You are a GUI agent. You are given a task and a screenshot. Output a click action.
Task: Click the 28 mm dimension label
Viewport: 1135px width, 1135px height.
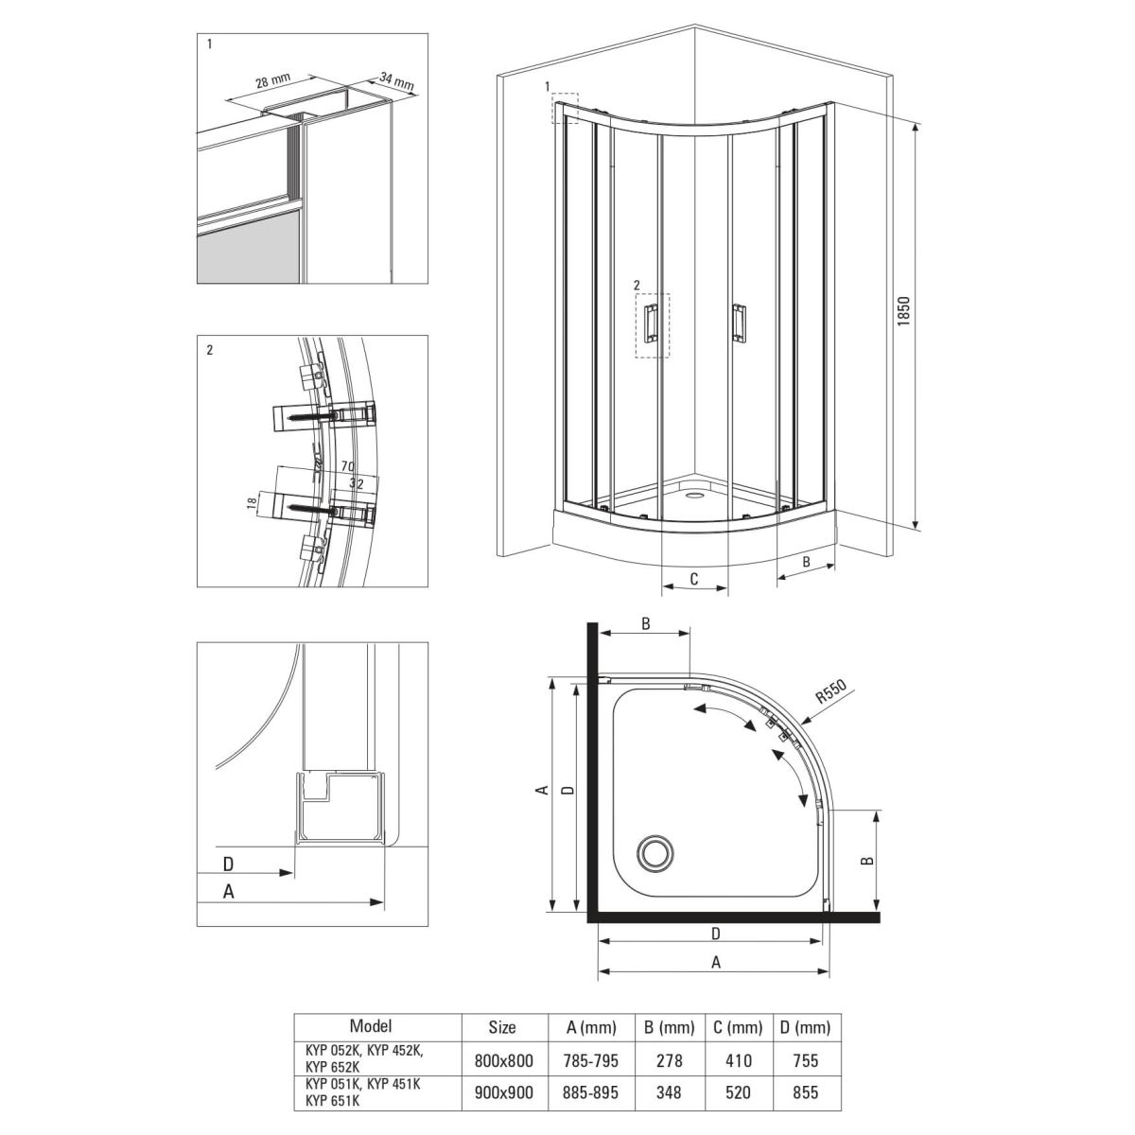point(272,80)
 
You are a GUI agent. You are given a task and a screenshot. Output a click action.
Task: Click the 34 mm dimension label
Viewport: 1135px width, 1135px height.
point(396,80)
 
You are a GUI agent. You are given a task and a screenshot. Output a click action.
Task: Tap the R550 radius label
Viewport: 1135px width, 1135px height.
point(831,691)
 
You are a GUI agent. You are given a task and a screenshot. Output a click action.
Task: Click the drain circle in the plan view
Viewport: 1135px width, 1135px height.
point(655,851)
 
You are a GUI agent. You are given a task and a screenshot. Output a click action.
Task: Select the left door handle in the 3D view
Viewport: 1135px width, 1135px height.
point(652,323)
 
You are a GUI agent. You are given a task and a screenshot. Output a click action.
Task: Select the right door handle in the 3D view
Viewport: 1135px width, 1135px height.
point(738,323)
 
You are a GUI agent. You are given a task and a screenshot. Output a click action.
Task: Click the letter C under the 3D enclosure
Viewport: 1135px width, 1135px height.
point(693,579)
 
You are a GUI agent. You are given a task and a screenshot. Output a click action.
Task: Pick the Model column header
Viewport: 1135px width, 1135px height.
point(371,1026)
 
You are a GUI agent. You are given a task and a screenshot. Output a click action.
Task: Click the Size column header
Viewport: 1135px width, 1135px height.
point(502,1028)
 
